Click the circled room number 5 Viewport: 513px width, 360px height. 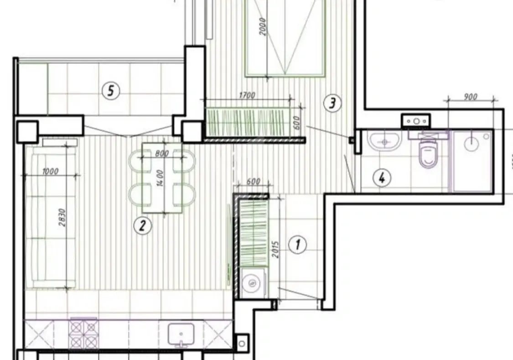click(110, 91)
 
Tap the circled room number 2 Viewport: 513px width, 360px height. click(142, 225)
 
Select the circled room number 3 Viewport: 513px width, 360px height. click(332, 104)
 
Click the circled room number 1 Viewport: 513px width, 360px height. click(298, 245)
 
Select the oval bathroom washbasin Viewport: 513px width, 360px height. click(385, 141)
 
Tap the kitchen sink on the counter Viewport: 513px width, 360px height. click(181, 335)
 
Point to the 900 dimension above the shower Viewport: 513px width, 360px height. click(470, 96)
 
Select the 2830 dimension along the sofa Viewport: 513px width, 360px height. click(62, 219)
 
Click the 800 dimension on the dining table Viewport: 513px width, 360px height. click(162, 153)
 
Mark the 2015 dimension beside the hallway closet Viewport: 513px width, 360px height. click(274, 247)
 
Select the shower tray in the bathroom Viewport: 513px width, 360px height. click(472, 161)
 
